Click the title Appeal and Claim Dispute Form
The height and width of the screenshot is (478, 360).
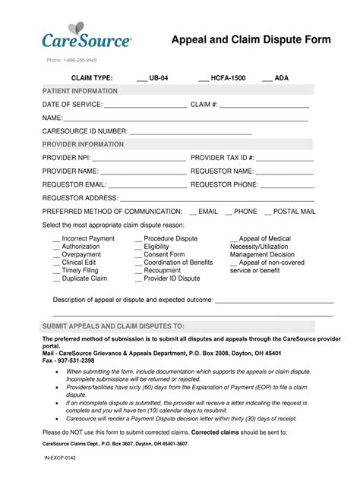(251, 39)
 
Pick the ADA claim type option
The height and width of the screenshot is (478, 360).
(275, 78)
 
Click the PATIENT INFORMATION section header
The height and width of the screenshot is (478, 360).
(80, 91)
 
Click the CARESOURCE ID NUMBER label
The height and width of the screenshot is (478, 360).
(85, 131)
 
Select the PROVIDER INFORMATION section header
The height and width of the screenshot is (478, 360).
(83, 144)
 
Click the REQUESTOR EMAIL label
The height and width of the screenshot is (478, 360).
(74, 184)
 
